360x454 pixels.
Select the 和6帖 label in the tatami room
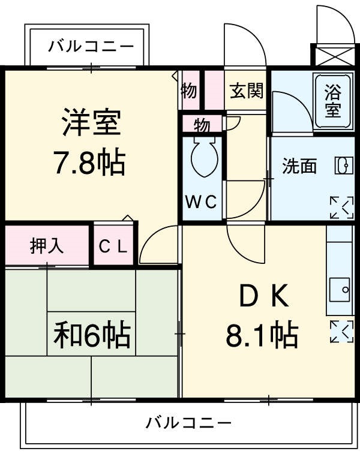[x=92, y=336]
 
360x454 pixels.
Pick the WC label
[x=200, y=202]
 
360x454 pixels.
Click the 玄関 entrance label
[x=247, y=91]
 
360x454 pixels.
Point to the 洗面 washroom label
[x=299, y=166]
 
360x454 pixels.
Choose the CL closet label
[x=113, y=246]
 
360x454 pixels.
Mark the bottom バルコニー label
[x=188, y=423]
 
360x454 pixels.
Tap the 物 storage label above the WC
[x=202, y=125]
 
